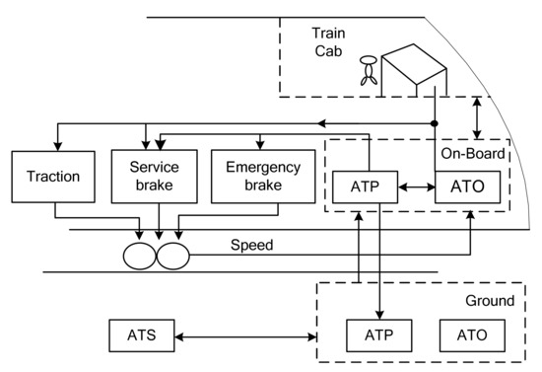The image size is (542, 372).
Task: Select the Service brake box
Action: tap(153, 178)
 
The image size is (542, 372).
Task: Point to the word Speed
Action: tap(250, 244)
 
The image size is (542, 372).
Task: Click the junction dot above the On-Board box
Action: tap(435, 124)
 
